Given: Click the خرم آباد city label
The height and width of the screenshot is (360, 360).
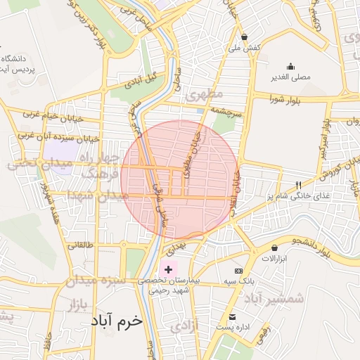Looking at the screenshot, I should tap(116, 320).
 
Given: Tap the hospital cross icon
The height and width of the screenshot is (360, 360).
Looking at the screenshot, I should tap(168, 269).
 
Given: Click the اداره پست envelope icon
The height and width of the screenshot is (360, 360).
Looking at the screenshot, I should tap(233, 317).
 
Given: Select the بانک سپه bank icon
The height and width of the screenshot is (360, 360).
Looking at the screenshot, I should tap(238, 271).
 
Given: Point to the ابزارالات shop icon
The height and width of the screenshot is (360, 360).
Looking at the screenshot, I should tap(274, 247).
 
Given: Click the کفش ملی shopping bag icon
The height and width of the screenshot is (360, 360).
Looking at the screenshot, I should tap(244, 37).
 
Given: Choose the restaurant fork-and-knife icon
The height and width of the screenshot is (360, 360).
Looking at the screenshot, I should tap(298, 184).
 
